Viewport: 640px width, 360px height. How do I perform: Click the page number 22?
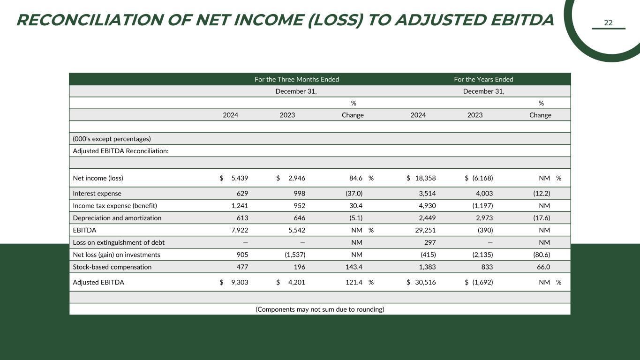click(x=608, y=23)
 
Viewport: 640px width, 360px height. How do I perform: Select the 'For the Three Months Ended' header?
click(x=296, y=79)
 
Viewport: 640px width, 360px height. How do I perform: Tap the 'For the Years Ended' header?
click(x=483, y=79)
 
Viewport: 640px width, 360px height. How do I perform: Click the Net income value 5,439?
click(x=240, y=178)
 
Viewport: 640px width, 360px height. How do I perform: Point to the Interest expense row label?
click(x=97, y=194)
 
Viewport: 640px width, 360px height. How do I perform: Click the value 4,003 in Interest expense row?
click(x=483, y=194)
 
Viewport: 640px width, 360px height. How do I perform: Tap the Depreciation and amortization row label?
click(x=117, y=218)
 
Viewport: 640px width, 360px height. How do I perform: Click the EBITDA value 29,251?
click(x=425, y=230)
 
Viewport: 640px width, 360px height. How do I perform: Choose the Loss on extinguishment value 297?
click(x=430, y=242)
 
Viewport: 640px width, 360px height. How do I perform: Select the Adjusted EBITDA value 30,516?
click(x=425, y=282)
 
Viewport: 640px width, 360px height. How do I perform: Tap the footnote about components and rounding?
click(x=320, y=309)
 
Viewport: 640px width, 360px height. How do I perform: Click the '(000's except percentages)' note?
click(x=112, y=139)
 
